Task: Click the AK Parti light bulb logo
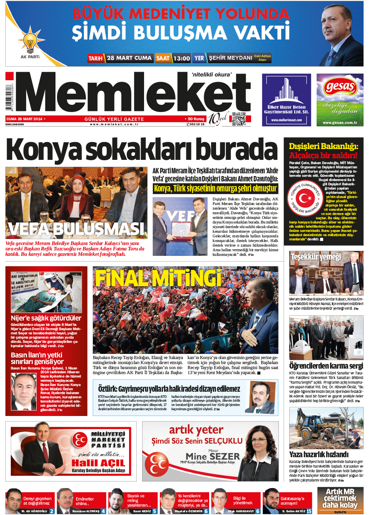click(x=30, y=42)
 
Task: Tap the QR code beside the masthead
click(x=239, y=119)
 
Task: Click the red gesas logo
click(x=339, y=87)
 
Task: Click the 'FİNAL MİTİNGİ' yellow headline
click(x=158, y=278)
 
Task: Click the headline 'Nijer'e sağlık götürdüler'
click(x=46, y=318)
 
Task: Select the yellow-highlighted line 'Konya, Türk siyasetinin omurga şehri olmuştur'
click(x=215, y=188)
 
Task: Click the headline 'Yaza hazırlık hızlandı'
click(x=319, y=455)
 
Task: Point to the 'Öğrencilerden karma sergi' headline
click(x=326, y=366)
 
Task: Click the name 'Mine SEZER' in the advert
click(x=213, y=456)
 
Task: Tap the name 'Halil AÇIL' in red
click(x=98, y=463)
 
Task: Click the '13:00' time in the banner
click(x=181, y=58)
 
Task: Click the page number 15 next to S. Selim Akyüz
click(x=309, y=511)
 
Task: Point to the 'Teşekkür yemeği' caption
click(x=316, y=257)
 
